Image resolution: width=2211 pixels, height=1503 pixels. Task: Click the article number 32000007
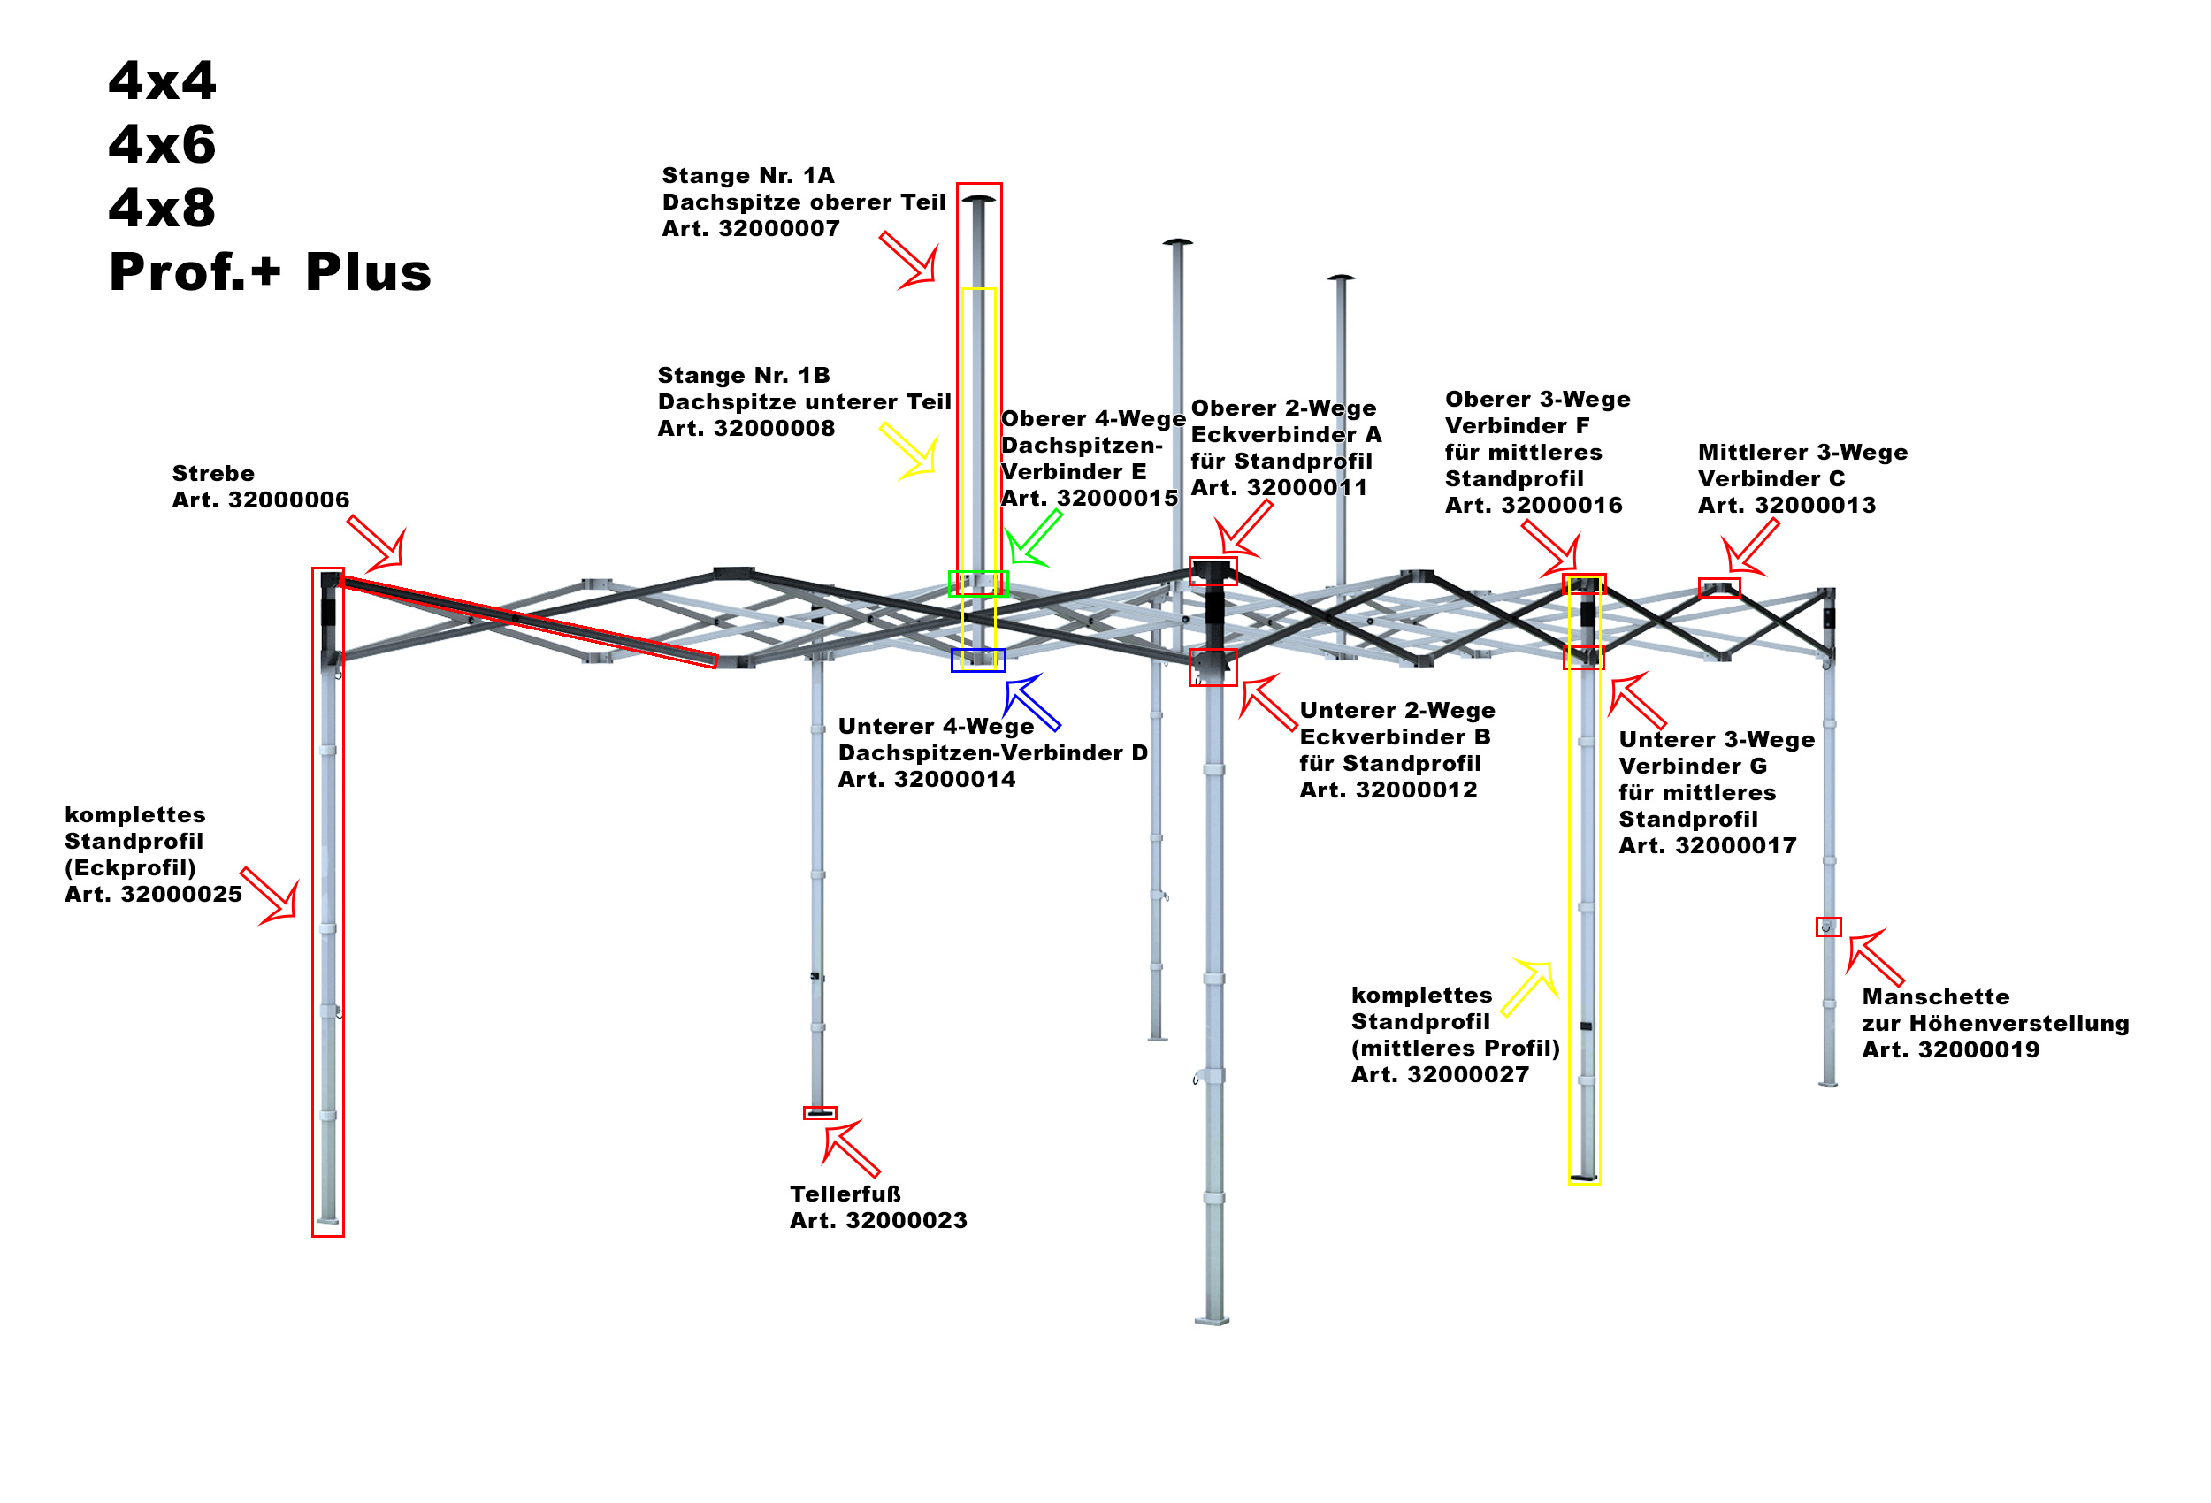pos(778,228)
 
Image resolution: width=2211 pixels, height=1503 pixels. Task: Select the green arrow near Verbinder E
pos(1031,538)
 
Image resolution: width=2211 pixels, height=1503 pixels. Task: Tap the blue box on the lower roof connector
pos(977,660)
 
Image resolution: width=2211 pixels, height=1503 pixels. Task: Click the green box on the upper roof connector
pos(977,584)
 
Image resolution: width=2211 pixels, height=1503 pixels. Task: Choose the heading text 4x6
pos(162,145)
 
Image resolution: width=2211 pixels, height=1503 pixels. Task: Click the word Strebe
pos(213,474)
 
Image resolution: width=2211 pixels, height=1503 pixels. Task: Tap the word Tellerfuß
pos(845,1194)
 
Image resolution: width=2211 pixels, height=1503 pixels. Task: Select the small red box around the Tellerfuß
pos(819,1113)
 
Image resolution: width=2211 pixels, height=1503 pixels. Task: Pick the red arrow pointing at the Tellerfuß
pos(850,1148)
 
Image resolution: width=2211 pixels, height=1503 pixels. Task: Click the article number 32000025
pos(180,894)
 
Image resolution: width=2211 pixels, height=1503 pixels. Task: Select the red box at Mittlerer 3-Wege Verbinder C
pos(1719,588)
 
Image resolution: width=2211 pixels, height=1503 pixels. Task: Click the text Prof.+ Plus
pos(271,272)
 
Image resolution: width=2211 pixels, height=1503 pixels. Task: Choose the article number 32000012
pos(1416,790)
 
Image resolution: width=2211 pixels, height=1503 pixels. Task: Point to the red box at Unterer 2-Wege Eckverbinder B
pos(1213,667)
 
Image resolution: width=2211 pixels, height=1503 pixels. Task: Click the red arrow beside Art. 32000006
pos(378,546)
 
